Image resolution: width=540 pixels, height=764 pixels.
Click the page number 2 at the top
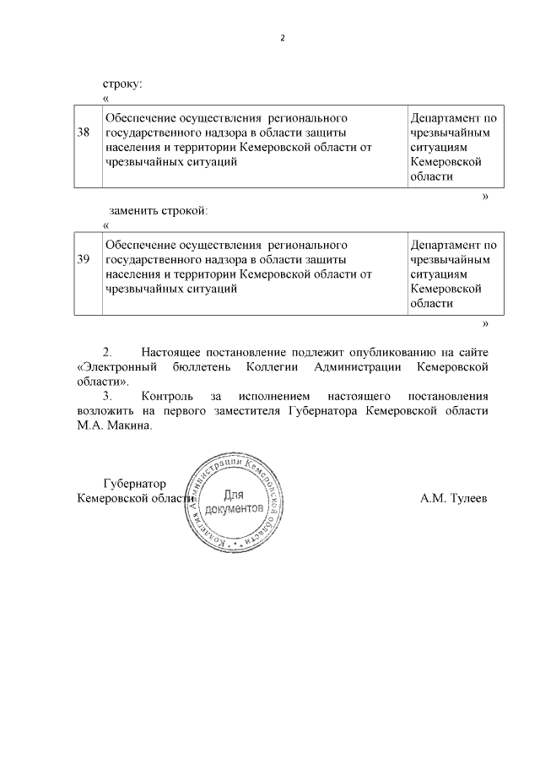tap(283, 39)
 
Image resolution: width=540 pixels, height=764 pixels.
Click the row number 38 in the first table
tap(84, 133)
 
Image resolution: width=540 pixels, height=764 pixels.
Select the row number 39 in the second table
tap(84, 260)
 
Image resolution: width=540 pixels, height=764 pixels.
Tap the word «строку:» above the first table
tap(123, 84)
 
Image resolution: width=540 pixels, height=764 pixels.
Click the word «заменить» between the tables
tap(132, 209)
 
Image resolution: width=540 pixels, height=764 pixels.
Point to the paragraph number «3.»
tap(107, 396)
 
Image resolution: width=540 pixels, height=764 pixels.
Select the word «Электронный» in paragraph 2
tap(116, 367)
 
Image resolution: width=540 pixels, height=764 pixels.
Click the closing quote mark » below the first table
tap(485, 196)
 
